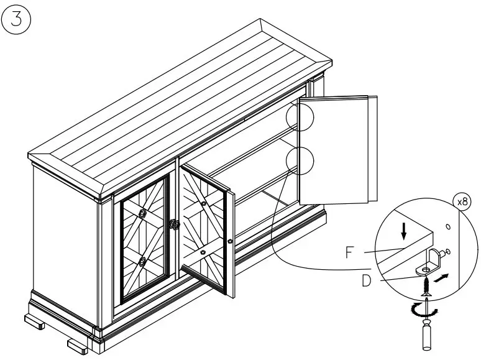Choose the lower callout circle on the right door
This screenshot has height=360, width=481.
pyautogui.click(x=301, y=162)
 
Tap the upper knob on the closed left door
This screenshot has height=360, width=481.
pyautogui.click(x=143, y=214)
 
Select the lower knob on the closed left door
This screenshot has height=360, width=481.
pyautogui.click(x=142, y=262)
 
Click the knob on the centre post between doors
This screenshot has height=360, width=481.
pyautogui.click(x=175, y=224)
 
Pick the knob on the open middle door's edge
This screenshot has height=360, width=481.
pyautogui.click(x=231, y=241)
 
